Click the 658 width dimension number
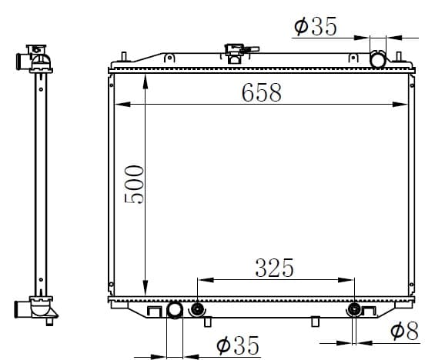pyautogui.click(x=262, y=92)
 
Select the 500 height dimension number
pyautogui.click(x=134, y=185)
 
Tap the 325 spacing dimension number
pyautogui.click(x=274, y=268)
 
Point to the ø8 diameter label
pyautogui.click(x=404, y=331)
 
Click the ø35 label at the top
pyautogui.click(x=316, y=26)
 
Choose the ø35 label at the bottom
pyautogui.click(x=238, y=345)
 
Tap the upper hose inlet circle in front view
pyautogui.click(x=378, y=59)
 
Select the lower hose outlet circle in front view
pyautogui.click(x=175, y=311)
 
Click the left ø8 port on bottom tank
pyautogui.click(x=196, y=309)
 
